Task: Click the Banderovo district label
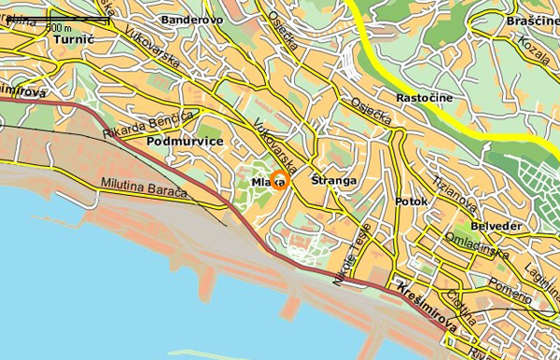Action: [x=192, y=19]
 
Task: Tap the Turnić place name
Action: [x=75, y=40]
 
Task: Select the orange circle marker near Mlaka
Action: [x=278, y=182]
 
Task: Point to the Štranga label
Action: [x=334, y=180]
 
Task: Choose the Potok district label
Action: [x=411, y=201]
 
